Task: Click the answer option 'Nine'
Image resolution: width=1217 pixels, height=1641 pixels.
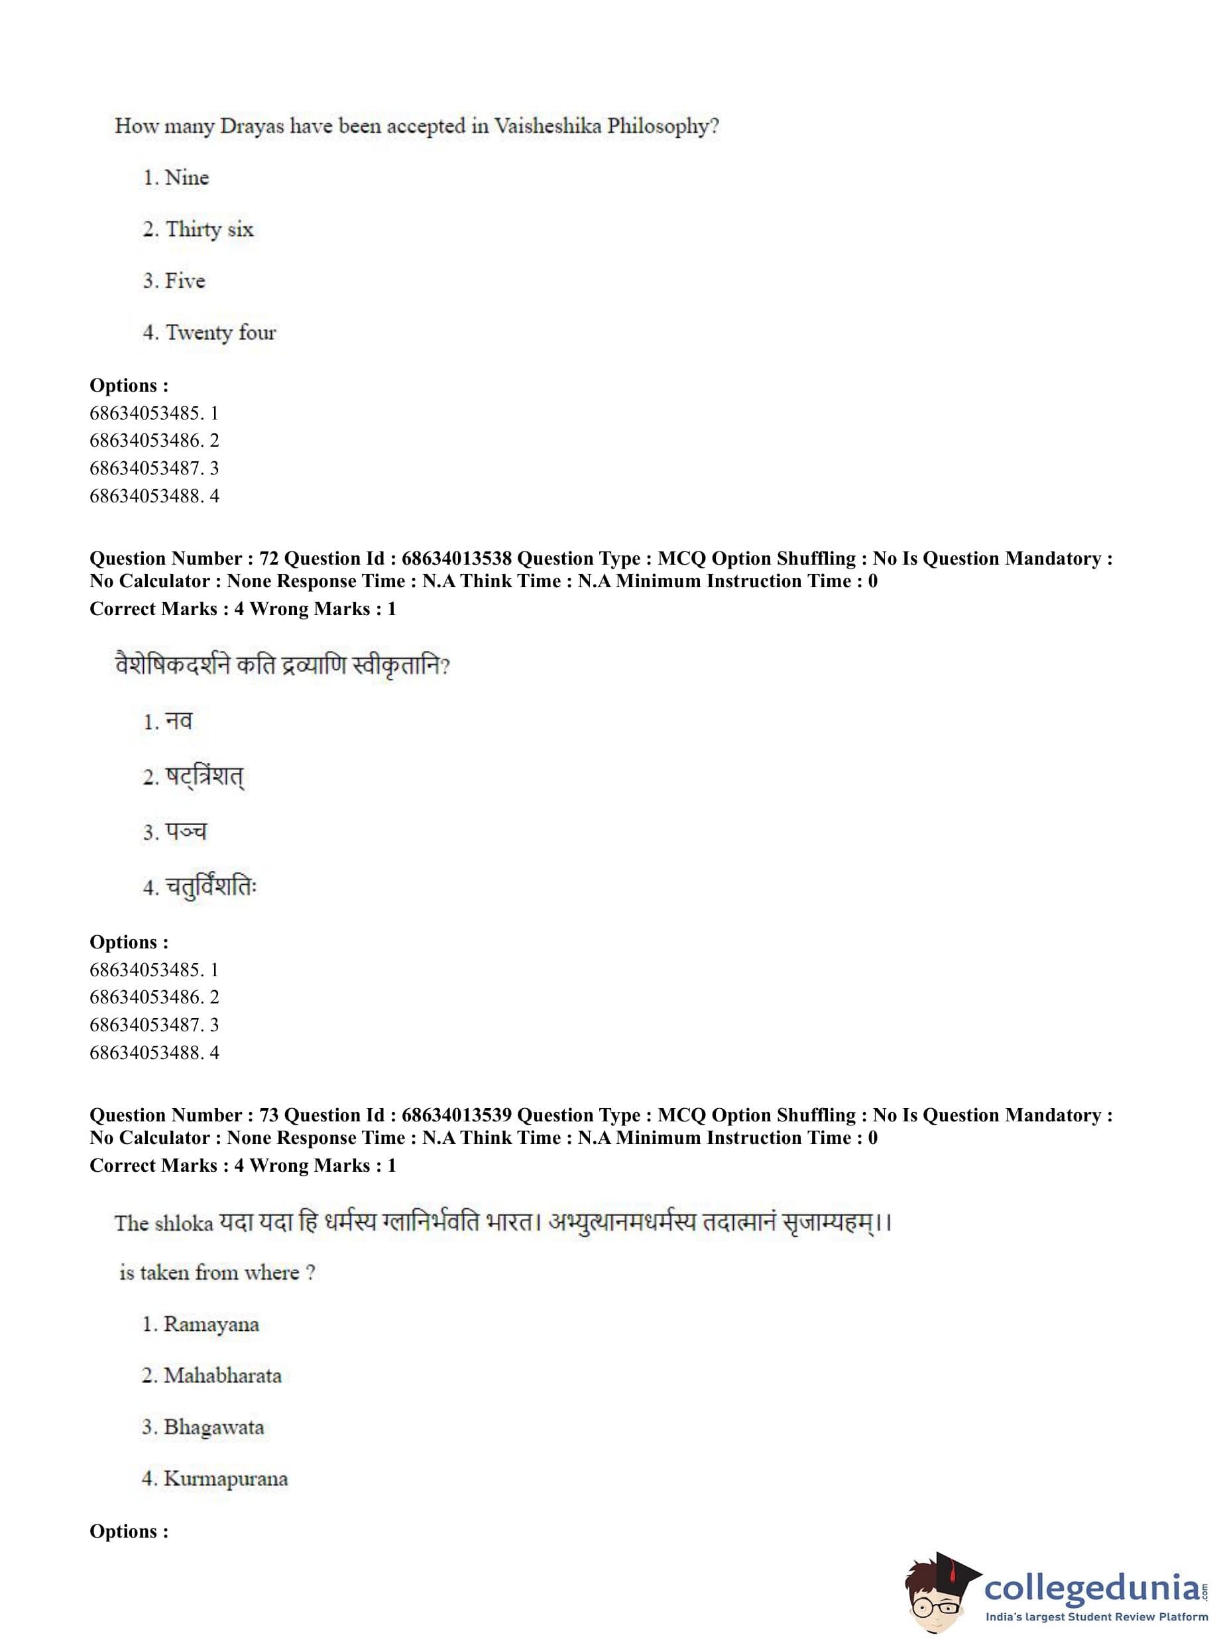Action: (x=186, y=178)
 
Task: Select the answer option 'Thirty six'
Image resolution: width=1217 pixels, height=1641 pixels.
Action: (x=209, y=229)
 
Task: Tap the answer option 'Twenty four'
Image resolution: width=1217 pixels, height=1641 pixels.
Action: (x=220, y=332)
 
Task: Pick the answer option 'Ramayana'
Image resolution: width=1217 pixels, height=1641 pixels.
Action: (x=211, y=1324)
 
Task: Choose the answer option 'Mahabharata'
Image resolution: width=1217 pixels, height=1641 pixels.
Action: (x=223, y=1376)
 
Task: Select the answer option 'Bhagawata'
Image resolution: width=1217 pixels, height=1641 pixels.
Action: (x=213, y=1428)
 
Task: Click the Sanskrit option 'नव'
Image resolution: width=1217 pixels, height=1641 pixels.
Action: (x=179, y=721)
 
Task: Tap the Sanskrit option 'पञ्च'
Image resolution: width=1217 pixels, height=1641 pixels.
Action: (x=186, y=832)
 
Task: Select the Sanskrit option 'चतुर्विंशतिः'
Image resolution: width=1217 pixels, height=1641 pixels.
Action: (x=211, y=887)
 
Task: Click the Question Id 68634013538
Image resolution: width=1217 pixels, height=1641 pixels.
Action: (x=456, y=558)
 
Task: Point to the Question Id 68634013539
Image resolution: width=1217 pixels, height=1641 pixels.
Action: (x=456, y=1115)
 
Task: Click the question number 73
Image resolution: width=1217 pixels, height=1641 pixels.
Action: (x=269, y=1115)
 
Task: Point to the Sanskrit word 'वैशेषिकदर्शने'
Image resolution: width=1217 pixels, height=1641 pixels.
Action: (x=172, y=665)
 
